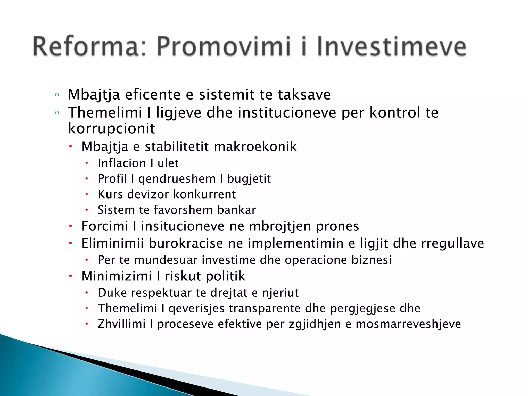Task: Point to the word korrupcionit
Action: pos(111,128)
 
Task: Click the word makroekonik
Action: pos(255,146)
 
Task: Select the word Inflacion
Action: pos(122,163)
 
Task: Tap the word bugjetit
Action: pos(249,179)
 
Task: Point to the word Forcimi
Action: pos(105,226)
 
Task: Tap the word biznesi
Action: pos(372,260)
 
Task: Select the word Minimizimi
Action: pos(117,276)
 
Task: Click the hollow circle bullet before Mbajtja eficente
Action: pos(57,95)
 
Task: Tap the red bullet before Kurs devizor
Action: pos(87,194)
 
